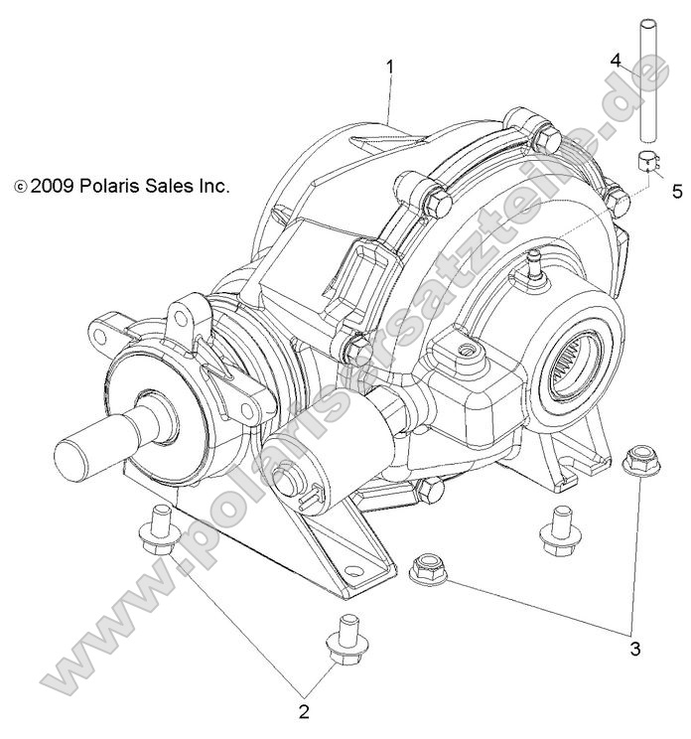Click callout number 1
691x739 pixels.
pyautogui.click(x=390, y=67)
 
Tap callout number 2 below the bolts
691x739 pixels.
pyautogui.click(x=305, y=710)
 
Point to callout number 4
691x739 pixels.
pyautogui.click(x=616, y=61)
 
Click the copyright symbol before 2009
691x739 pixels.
pyautogui.click(x=20, y=187)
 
